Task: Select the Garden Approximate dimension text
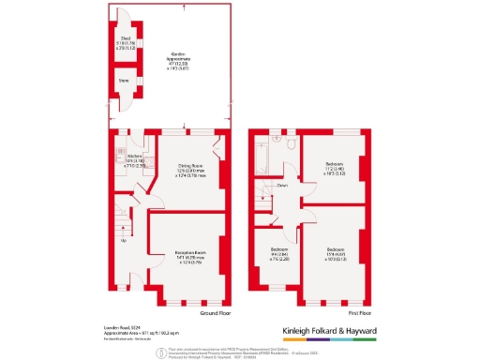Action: (x=172, y=58)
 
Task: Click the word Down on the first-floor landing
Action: (x=281, y=186)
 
